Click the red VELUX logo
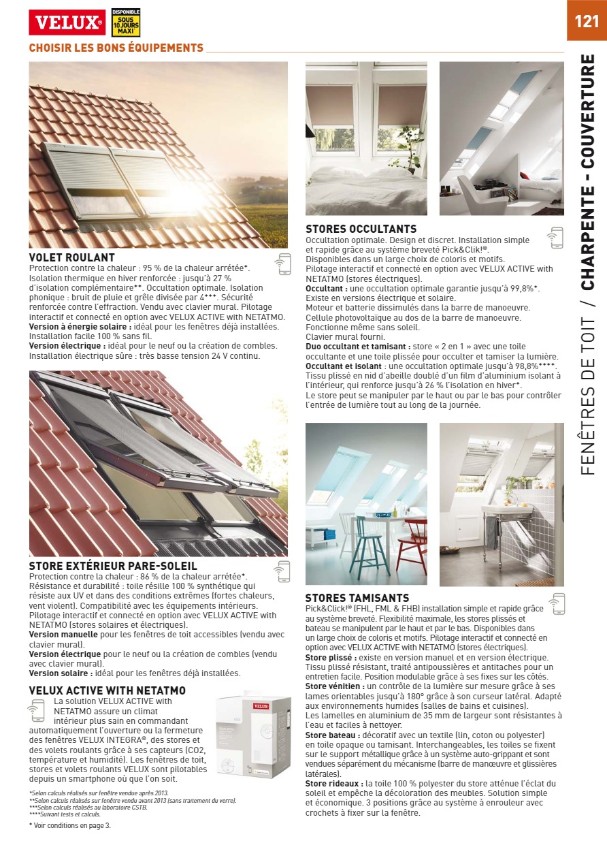pyautogui.click(x=67, y=22)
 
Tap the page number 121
pyautogui.click(x=587, y=21)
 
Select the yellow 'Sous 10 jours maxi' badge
pyautogui.click(x=125, y=22)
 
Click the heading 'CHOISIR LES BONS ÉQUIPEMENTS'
pyautogui.click(x=116, y=48)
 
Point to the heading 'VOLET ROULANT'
pyautogui.click(x=71, y=257)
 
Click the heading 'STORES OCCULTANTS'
pyautogui.click(x=361, y=229)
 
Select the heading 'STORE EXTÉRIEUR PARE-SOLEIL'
pyautogui.click(x=113, y=566)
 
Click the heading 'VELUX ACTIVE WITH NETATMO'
pyautogui.click(x=108, y=690)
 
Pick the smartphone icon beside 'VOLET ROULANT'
pyautogui.click(x=282, y=264)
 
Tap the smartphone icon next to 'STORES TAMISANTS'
pyautogui.click(x=557, y=603)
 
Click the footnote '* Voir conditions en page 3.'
pyautogui.click(x=69, y=825)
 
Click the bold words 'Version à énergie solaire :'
pyautogui.click(x=80, y=327)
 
